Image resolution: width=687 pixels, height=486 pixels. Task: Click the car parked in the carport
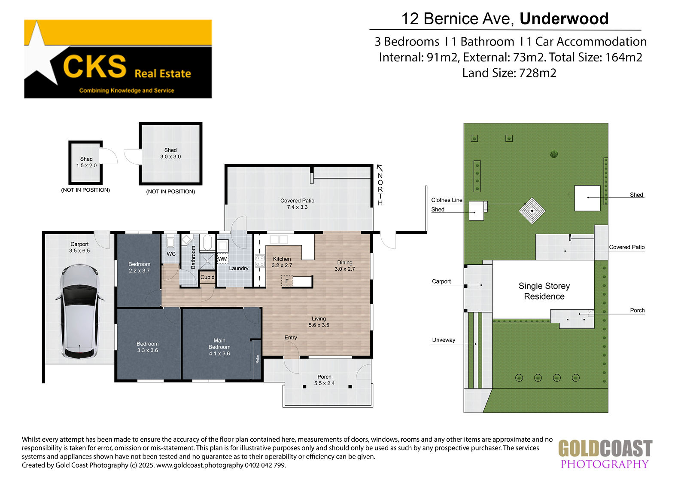point(79,311)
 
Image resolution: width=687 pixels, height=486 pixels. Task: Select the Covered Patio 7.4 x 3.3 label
point(297,204)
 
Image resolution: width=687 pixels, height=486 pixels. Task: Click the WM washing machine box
point(223,259)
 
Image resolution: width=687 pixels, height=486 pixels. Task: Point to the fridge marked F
point(287,281)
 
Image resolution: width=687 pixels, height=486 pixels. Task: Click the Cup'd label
point(207,277)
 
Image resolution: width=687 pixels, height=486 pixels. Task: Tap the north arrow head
point(380,168)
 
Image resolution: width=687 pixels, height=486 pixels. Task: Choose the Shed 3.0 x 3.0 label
point(170,153)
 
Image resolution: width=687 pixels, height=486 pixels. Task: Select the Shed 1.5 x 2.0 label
point(86,162)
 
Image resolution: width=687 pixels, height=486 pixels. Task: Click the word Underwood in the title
point(564,18)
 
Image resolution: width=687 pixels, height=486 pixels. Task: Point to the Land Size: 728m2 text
point(509,73)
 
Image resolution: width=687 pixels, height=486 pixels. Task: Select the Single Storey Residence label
point(544,291)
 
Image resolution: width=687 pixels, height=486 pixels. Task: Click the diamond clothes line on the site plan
point(532,211)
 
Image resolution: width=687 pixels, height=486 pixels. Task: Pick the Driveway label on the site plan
point(444,340)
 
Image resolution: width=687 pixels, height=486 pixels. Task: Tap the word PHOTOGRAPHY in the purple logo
point(605,464)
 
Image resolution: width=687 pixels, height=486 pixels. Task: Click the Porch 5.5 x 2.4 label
point(324,380)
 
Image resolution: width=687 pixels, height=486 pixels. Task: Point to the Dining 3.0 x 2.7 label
point(345,266)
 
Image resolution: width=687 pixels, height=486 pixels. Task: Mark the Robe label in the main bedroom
point(257,359)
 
